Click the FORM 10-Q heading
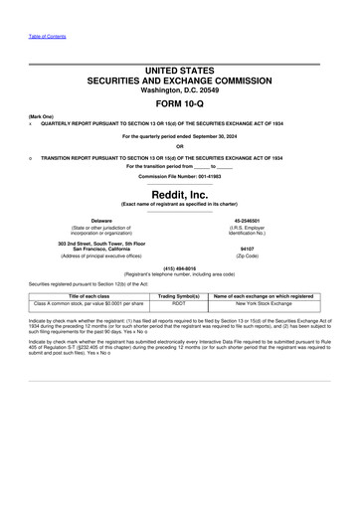tap(179, 101)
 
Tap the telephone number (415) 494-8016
tap(179, 265)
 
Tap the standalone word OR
tap(179, 146)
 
